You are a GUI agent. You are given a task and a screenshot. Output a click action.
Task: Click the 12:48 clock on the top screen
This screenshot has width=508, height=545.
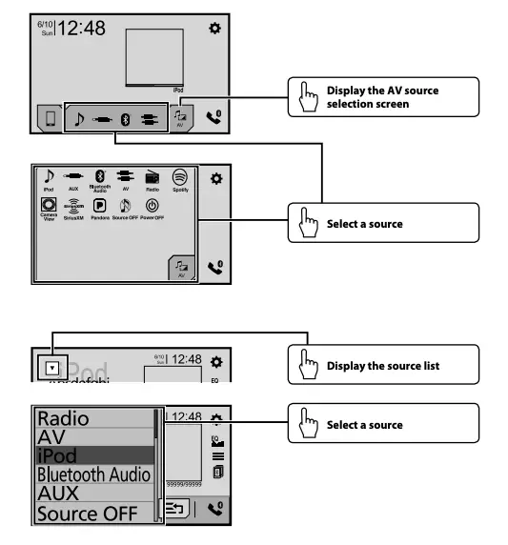coord(81,29)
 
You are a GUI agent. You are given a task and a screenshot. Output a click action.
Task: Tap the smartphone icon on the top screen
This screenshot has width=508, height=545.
coord(46,117)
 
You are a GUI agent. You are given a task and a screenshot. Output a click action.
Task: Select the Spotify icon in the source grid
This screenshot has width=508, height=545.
coord(179,178)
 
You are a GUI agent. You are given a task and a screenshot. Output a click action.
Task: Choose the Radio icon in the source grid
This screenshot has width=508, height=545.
coord(152,178)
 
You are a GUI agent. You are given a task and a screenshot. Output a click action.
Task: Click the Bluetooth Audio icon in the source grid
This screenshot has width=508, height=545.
coord(100,178)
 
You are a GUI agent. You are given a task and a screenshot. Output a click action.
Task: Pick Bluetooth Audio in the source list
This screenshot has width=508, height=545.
coord(91,474)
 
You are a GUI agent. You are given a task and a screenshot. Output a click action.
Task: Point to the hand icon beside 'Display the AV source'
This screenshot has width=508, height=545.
coord(307,96)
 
